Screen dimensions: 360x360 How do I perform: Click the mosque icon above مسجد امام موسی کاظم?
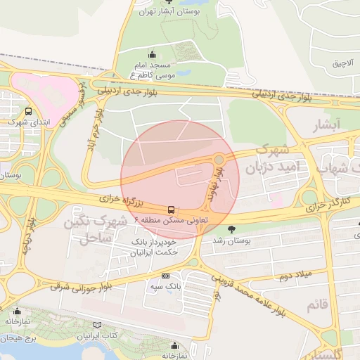click(x=152, y=55)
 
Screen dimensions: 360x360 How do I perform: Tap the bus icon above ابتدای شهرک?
click(x=28, y=111)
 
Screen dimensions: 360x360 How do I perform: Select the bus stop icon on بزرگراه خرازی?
click(x=172, y=210)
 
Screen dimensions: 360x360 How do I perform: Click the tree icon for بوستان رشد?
click(x=232, y=229)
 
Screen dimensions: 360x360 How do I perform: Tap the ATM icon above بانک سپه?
click(x=166, y=276)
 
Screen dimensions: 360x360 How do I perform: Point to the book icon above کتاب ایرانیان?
click(x=96, y=326)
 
